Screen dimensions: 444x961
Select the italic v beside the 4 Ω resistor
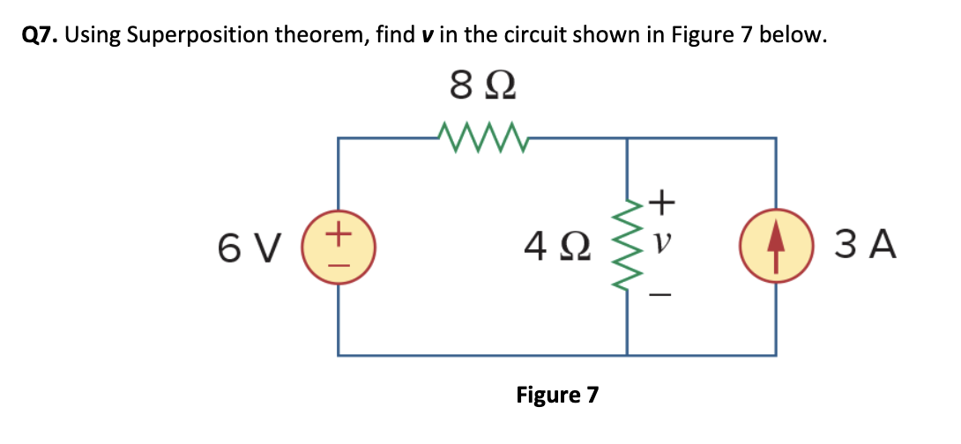point(662,240)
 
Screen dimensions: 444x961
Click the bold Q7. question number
point(40,35)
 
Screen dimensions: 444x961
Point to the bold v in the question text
point(428,36)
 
